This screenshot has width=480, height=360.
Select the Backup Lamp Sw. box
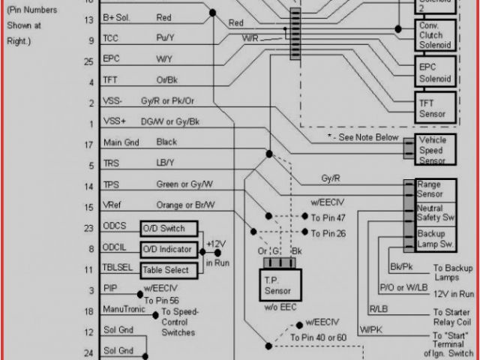coord(435,239)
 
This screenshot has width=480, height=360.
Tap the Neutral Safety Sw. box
coord(435,214)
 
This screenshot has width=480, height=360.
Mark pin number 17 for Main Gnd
coord(91,142)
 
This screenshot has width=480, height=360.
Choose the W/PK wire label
coord(371,329)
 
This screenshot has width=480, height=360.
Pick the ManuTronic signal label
coord(126,310)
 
